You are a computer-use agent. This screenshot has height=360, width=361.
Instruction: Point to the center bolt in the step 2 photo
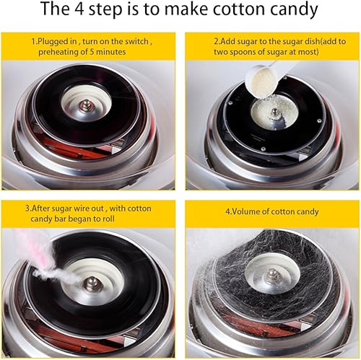coord(274,112)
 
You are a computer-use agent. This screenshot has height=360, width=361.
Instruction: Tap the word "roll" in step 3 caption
coord(108,219)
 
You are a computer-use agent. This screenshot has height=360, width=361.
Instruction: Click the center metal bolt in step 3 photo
coord(91,284)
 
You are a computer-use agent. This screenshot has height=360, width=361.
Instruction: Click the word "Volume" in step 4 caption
coord(245,211)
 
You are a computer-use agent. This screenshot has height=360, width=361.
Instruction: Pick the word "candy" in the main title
coord(294,9)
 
